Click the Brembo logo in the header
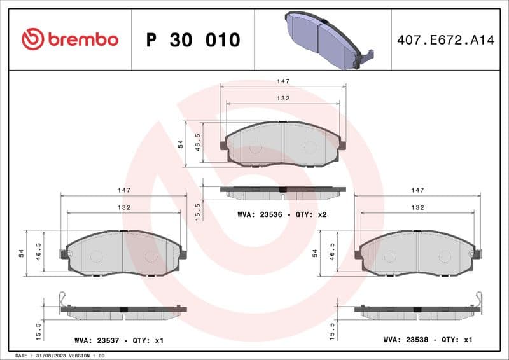coord(70,39)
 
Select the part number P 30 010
coord(193,40)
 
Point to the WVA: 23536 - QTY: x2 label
coord(281,215)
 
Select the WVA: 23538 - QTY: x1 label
coord(428,340)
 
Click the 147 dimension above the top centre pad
coord(283,81)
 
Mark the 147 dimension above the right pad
coord(417,190)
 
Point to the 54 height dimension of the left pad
coord(21,253)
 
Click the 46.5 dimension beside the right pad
coord(331,252)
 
